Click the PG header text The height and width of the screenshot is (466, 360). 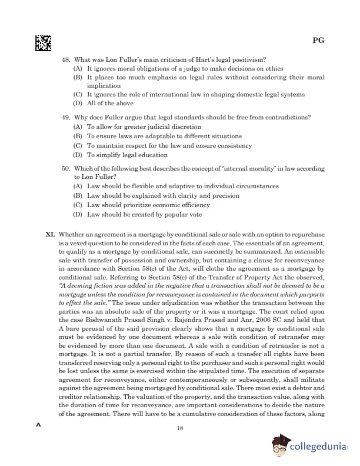tap(318, 41)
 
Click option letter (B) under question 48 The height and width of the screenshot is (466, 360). tap(78, 77)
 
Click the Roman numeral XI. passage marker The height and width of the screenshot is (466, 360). tap(51, 234)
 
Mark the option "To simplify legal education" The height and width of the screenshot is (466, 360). tap(127, 155)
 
